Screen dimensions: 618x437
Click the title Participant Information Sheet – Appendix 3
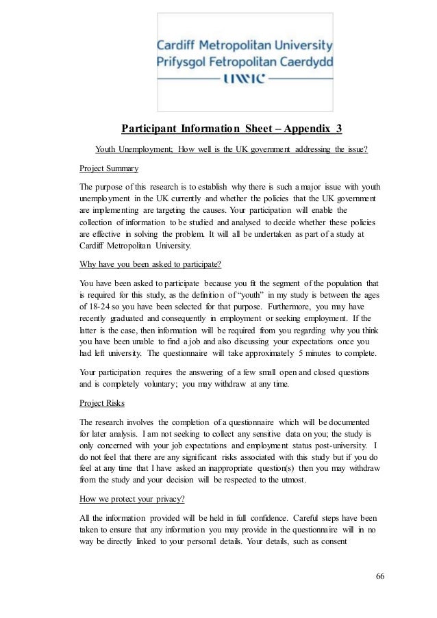coord(232,129)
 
